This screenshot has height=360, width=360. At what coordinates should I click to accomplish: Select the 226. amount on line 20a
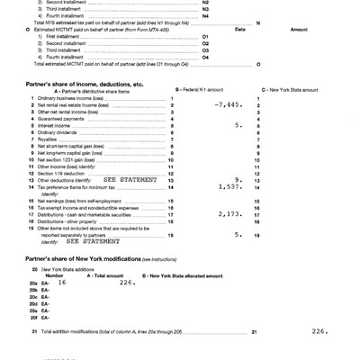(x=127, y=282)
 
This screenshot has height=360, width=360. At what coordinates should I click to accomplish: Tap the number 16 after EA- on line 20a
(x=62, y=282)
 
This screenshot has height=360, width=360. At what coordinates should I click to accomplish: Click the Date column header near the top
(x=240, y=29)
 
